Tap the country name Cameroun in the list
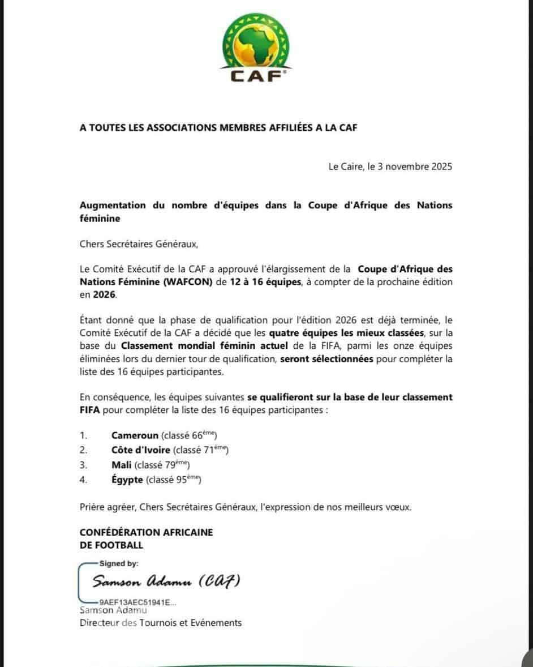pos(135,435)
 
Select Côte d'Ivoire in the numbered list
pos(141,450)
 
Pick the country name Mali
pos(122,465)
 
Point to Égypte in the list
pos(127,480)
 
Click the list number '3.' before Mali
pos(83,465)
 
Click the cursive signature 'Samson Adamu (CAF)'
pos(167,582)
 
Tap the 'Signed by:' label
pos(119,563)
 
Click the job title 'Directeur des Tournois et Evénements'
pos(160,623)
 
